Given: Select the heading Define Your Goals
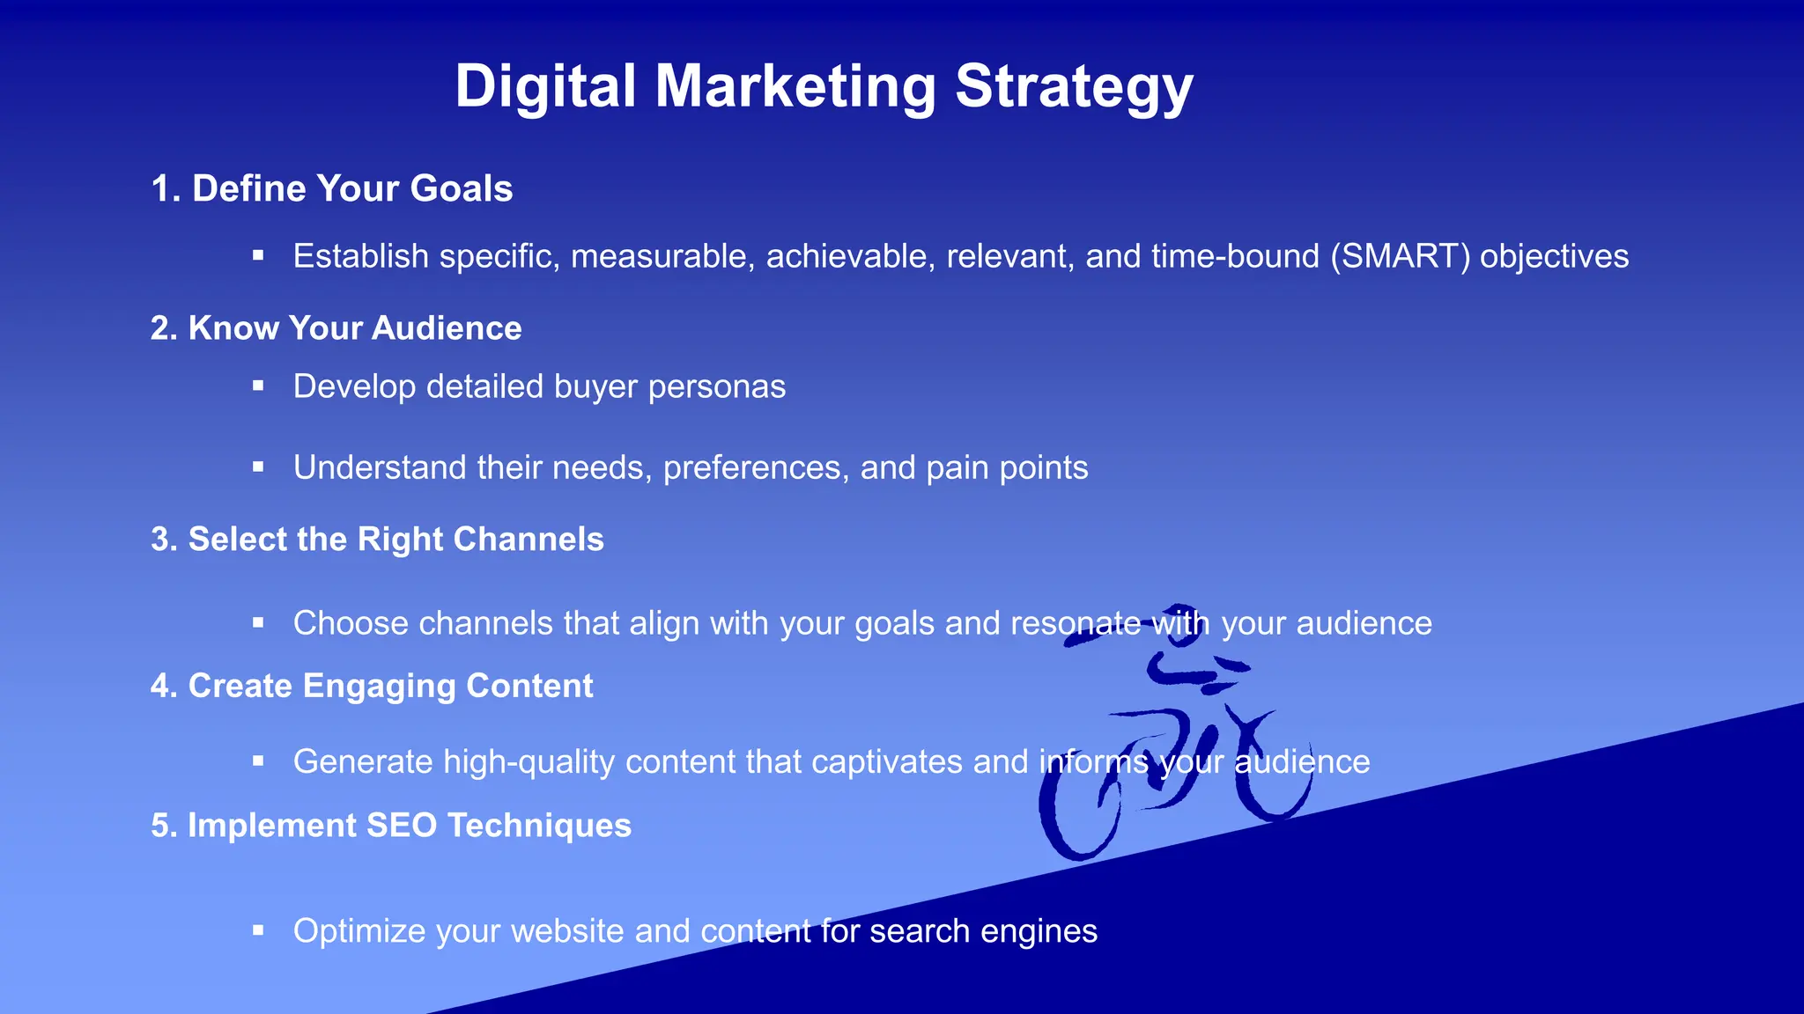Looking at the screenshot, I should click(332, 189).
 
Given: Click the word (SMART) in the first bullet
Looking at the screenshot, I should click(1400, 257).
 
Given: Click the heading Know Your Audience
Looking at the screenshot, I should click(336, 328).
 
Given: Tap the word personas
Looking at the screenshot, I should click(717, 387).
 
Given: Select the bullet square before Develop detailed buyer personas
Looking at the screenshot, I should click(258, 386).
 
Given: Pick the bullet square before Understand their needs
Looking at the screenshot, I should click(258, 467).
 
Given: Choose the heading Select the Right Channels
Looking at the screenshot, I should click(378, 540).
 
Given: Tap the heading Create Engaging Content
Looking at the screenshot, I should click(372, 687).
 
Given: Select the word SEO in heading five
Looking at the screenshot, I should click(401, 827).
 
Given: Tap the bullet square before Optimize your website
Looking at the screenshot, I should click(258, 930).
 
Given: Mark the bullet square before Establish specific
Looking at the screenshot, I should click(258, 255).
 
